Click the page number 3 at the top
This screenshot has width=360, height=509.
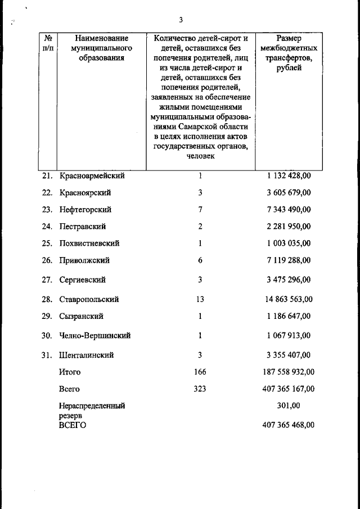coord(181,21)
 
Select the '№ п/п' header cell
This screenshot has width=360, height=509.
coord(48,43)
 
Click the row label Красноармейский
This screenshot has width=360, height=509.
coord(92,175)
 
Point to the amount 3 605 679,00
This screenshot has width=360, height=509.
coord(289,192)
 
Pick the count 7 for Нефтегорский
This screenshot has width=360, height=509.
coord(200,209)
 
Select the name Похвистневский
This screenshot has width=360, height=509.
coord(89,244)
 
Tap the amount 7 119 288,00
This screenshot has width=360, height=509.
coord(289,260)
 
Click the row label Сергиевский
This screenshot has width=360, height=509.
coord(82,280)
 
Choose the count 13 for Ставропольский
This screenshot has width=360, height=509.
coord(200,299)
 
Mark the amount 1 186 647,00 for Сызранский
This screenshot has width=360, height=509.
coord(289,316)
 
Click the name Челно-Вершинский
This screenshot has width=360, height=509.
coord(95,336)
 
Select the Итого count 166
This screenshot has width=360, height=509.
coord(200,372)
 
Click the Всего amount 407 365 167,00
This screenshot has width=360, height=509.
coord(289,389)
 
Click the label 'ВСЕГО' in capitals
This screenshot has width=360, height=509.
coord(73,425)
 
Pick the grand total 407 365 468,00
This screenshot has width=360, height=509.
coord(289,425)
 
